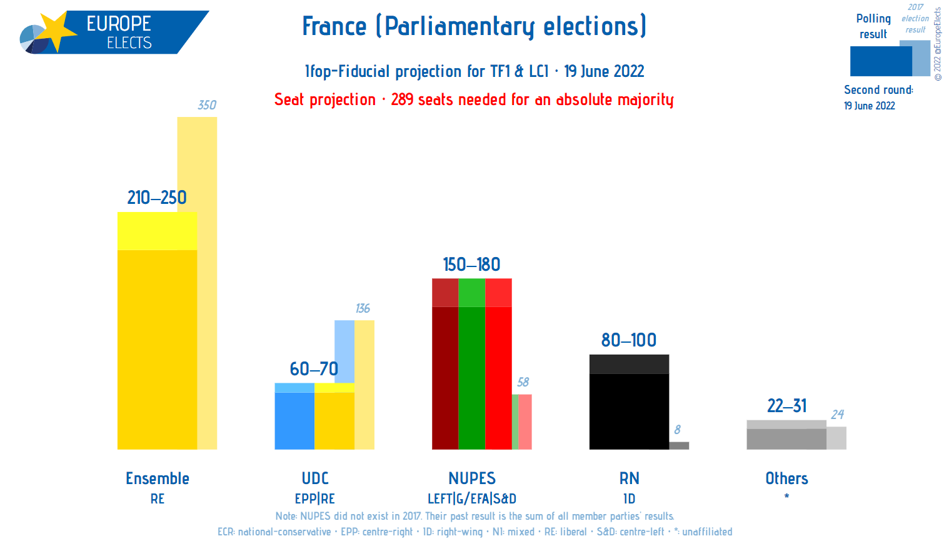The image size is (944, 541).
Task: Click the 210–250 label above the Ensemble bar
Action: click(157, 198)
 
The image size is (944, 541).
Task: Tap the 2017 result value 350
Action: click(207, 105)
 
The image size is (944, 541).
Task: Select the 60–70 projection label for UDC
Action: click(314, 369)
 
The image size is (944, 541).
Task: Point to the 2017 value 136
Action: click(363, 308)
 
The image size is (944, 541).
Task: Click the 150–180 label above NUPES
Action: click(472, 265)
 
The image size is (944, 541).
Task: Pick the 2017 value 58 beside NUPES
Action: click(523, 382)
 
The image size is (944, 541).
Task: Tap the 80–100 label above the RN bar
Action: click(629, 340)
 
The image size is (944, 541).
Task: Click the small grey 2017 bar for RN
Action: click(679, 445)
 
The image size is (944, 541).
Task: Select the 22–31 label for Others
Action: click(786, 406)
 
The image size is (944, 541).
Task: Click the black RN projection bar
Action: click(629, 407)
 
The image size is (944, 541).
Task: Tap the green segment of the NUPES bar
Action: click(471, 375)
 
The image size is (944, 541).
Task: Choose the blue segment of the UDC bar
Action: click(294, 419)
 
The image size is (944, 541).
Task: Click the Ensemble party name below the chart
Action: click(158, 478)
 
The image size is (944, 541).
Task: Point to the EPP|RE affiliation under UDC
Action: click(315, 499)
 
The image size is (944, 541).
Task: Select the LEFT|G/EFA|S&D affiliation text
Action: click(472, 499)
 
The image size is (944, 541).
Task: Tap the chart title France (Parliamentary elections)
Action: click(474, 26)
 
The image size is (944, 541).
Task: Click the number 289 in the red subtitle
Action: click(402, 99)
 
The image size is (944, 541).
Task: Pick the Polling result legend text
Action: click(873, 26)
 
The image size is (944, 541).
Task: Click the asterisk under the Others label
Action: click(786, 497)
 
